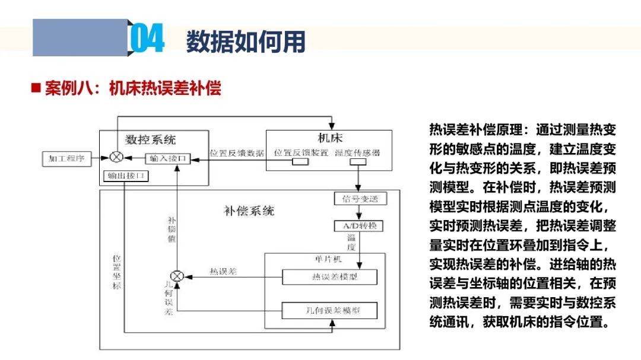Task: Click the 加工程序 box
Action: point(66,158)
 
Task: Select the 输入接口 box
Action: point(169,158)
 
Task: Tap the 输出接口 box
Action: point(124,176)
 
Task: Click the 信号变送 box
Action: point(360,199)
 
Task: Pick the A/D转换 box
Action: point(360,226)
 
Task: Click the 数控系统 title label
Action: point(151,140)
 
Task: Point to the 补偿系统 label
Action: point(249,211)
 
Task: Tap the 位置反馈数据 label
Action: point(237,153)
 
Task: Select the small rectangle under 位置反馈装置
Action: point(300,162)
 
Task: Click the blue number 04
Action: point(146,39)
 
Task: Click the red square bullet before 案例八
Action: point(36,88)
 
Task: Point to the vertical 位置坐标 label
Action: point(117,272)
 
